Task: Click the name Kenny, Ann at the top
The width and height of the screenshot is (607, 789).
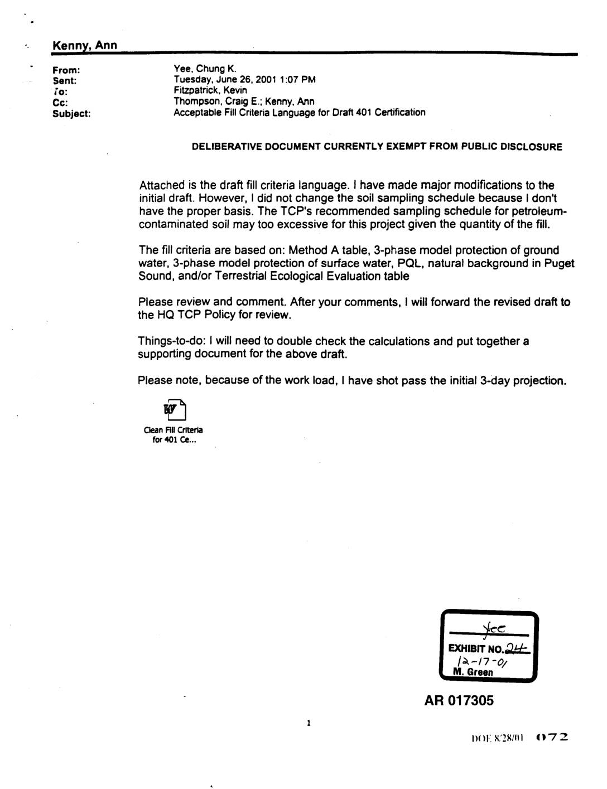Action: (84, 45)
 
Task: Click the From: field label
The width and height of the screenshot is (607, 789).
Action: (66, 70)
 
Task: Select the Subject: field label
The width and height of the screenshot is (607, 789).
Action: (71, 113)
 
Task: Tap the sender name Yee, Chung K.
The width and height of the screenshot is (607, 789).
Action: (205, 69)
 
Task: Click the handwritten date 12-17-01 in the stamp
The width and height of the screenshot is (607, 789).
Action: (483, 661)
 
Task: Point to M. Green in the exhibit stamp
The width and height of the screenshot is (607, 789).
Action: (473, 672)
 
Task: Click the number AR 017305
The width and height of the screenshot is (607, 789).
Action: (459, 701)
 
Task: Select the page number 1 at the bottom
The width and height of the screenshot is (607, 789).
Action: (308, 724)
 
